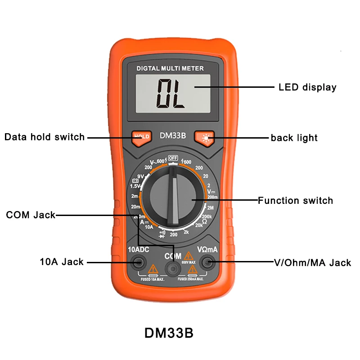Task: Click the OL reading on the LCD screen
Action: [171, 93]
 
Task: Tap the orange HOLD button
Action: [141, 137]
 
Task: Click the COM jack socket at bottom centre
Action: [172, 269]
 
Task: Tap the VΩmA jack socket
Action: [208, 261]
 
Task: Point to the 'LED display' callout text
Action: [307, 87]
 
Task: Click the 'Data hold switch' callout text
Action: [45, 137]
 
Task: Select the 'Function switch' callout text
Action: [295, 200]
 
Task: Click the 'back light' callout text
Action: [294, 138]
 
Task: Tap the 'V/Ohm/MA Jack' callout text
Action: [312, 262]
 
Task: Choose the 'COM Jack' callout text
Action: [31, 215]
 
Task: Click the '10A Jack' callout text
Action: [62, 261]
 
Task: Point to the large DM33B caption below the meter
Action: [169, 333]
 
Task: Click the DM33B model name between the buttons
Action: [173, 136]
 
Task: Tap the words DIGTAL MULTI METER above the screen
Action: [170, 69]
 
